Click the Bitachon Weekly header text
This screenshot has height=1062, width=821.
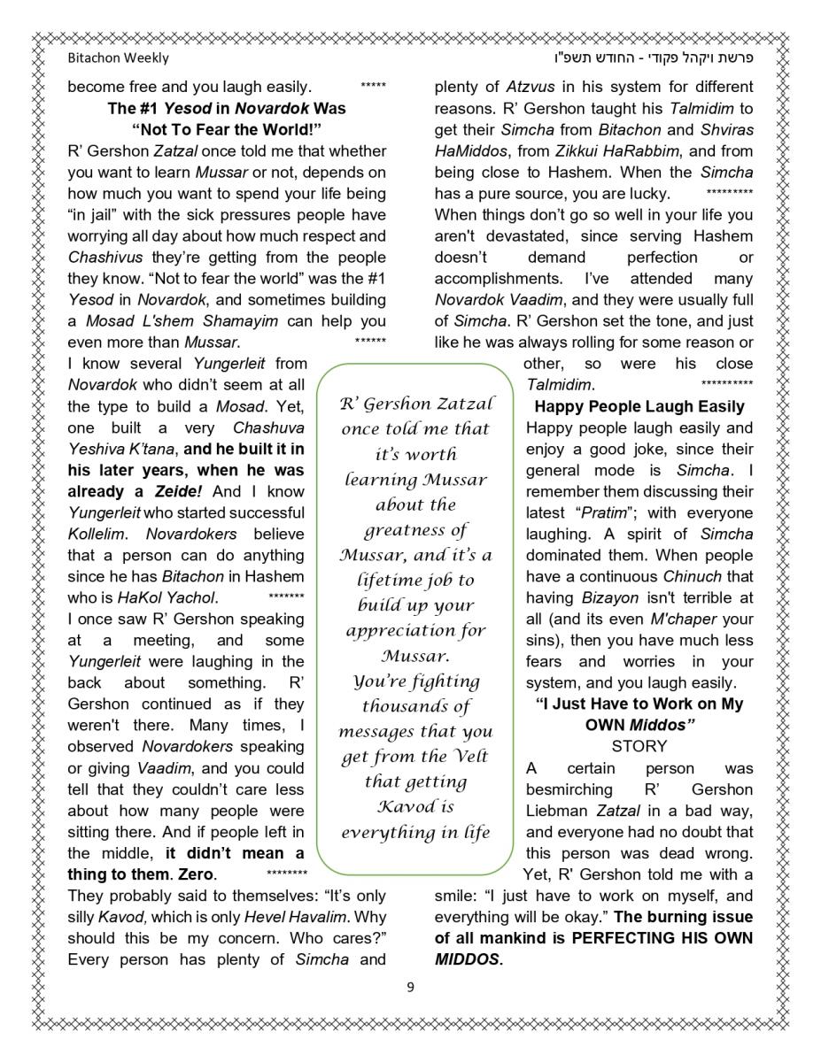pyautogui.click(x=118, y=58)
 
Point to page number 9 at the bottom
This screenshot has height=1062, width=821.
pyautogui.click(x=410, y=988)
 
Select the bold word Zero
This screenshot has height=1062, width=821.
pyautogui.click(x=195, y=874)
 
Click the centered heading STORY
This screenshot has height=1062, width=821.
pyautogui.click(x=639, y=747)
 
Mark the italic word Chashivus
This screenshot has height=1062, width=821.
pyautogui.click(x=105, y=258)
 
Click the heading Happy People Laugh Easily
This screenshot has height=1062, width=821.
pyautogui.click(x=639, y=407)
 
